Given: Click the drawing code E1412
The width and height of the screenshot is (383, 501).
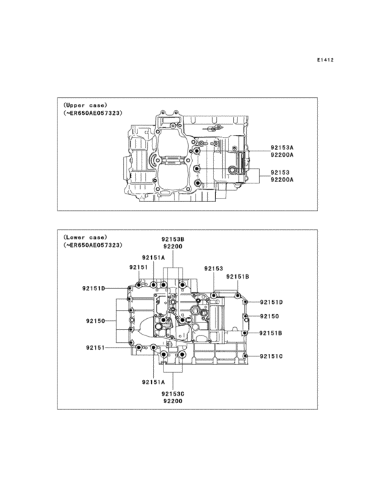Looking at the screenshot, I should point(325,60).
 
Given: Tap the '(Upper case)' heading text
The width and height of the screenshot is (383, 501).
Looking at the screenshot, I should point(85,104).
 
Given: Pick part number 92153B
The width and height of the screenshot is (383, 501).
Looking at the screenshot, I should point(173,239).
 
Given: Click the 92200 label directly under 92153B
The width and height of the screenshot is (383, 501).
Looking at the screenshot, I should point(173,246).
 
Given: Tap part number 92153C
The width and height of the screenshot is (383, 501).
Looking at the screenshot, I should point(173,394).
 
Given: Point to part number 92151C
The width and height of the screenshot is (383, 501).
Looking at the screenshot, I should point(271,357).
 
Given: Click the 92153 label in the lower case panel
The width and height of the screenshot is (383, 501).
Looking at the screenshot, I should point(213,269).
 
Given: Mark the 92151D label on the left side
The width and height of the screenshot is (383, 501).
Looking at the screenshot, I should point(94,289).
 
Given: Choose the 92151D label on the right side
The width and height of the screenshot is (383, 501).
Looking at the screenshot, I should point(271,302).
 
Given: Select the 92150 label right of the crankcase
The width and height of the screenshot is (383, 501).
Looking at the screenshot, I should point(269,316).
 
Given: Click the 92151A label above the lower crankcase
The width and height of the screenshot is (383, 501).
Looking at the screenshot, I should point(154,258).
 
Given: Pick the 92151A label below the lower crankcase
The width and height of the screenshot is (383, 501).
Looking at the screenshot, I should point(154,382).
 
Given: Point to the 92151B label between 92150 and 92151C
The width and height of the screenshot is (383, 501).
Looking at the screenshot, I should point(271,333).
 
